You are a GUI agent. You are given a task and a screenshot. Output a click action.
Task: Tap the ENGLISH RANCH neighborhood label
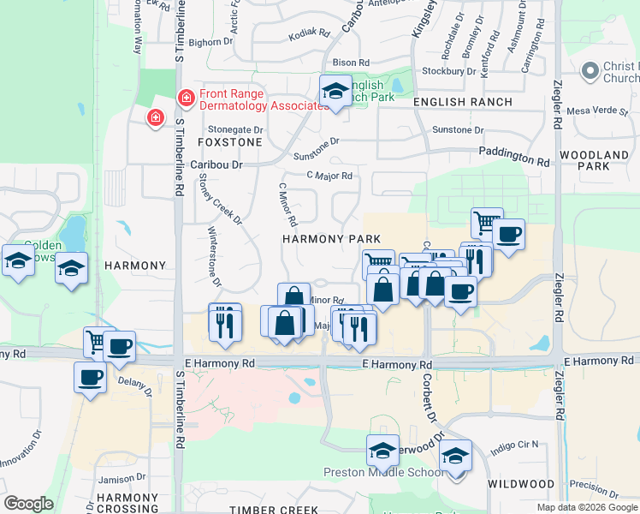click(x=462, y=102)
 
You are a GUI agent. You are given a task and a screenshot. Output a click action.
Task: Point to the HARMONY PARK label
click(x=331, y=238)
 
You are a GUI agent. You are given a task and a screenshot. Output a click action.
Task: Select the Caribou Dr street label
click(x=217, y=163)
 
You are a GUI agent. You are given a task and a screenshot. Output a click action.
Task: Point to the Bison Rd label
click(x=351, y=63)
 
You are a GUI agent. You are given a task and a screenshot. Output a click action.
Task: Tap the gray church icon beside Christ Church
click(x=590, y=71)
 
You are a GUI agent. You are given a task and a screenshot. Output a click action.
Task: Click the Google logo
click(x=29, y=504)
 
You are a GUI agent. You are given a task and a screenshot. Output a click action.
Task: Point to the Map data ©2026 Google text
click(x=587, y=507)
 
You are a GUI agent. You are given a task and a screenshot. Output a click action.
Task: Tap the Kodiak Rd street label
click(x=310, y=33)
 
